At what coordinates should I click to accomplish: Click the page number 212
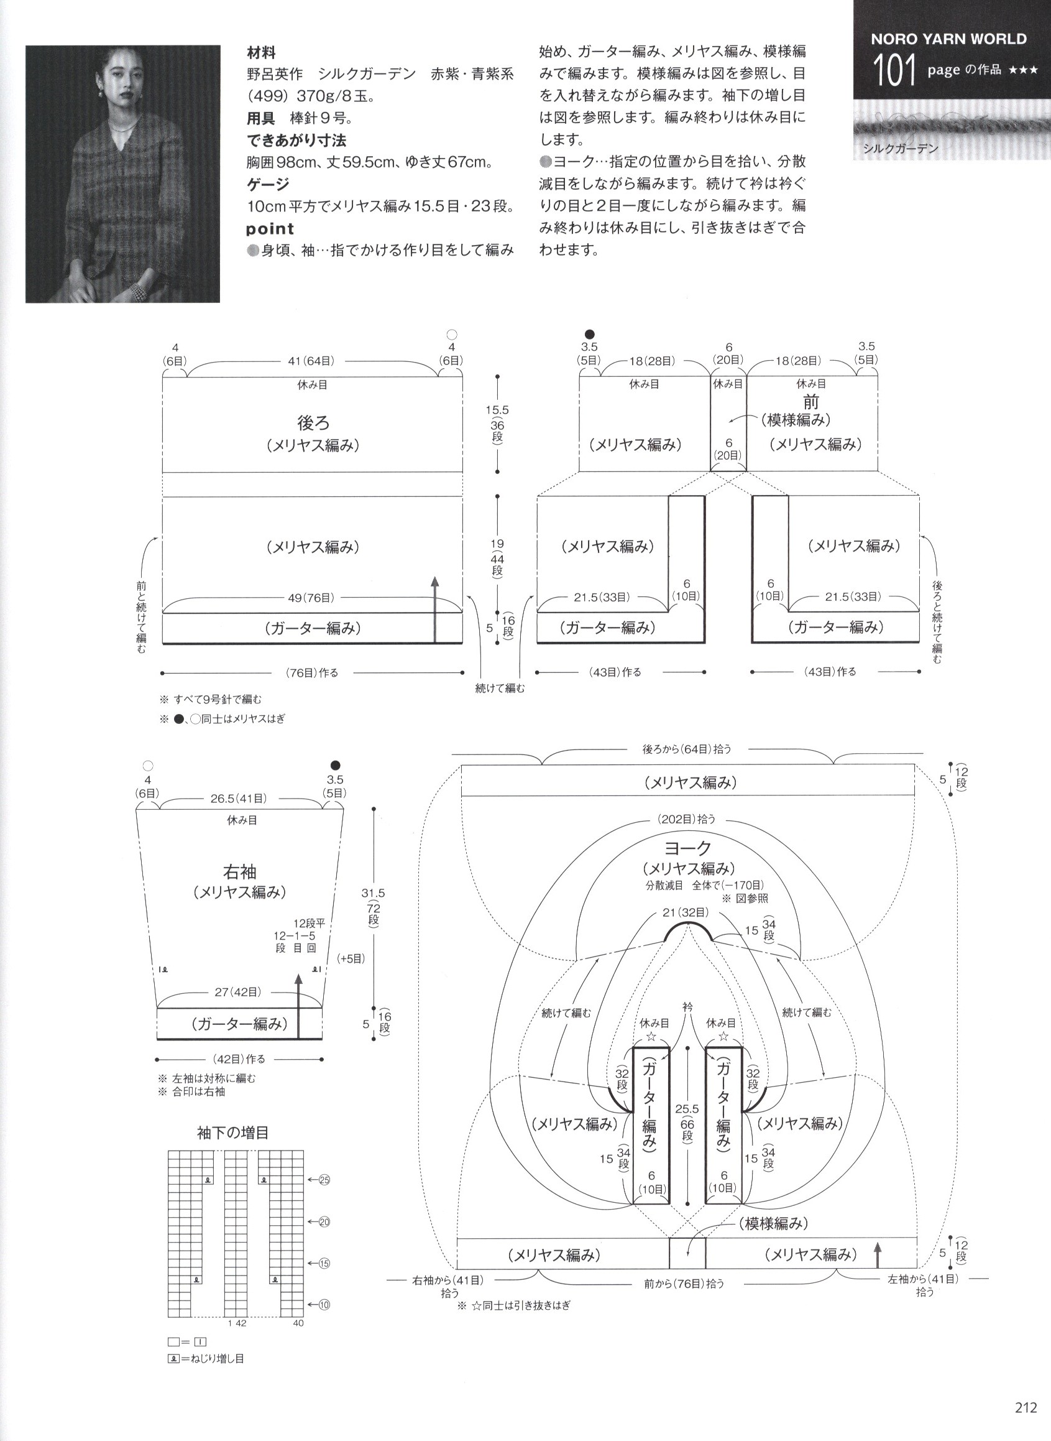pyautogui.click(x=1026, y=1407)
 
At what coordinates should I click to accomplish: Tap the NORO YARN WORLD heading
pyautogui.click(x=948, y=39)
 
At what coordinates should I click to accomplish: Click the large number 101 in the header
pyautogui.click(x=894, y=70)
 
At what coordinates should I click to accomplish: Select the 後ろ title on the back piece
pyautogui.click(x=314, y=423)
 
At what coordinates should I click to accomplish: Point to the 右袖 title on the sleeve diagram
pyautogui.click(x=241, y=871)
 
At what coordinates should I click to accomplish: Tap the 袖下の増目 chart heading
pyautogui.click(x=233, y=1133)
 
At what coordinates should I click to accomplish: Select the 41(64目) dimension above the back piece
pyautogui.click(x=309, y=361)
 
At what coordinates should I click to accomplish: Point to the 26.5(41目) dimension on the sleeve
pyautogui.click(x=239, y=798)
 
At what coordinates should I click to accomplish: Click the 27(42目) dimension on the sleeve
pyautogui.click(x=237, y=991)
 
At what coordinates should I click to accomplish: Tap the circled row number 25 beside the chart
pyautogui.click(x=324, y=1180)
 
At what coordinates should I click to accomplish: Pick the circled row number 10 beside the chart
pyautogui.click(x=324, y=1305)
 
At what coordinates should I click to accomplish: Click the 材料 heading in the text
pyautogui.click(x=261, y=53)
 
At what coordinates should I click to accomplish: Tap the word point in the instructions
pyautogui.click(x=270, y=228)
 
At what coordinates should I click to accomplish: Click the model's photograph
pyautogui.click(x=123, y=174)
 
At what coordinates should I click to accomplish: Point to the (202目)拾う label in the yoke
pyautogui.click(x=687, y=819)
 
